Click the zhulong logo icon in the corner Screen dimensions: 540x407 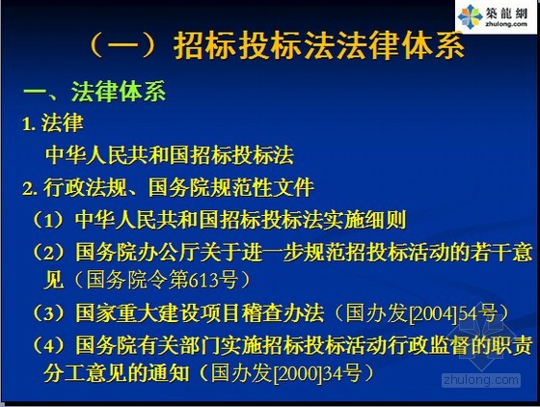click(470, 16)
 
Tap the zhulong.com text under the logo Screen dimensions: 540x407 click(506, 24)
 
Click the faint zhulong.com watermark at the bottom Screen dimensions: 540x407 click(481, 380)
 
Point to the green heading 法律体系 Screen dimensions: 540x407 click(119, 92)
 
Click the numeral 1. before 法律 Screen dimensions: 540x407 click(29, 123)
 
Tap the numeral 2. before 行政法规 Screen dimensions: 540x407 click(30, 188)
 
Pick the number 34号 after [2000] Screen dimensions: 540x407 click(342, 373)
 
